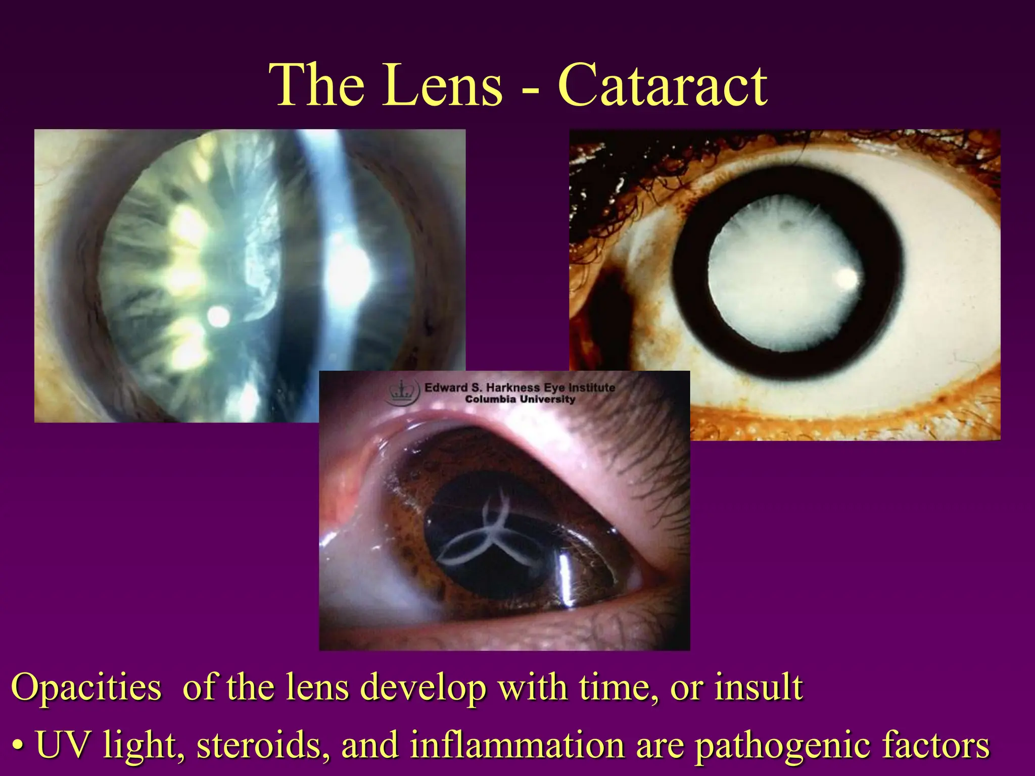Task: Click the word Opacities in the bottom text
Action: [86, 688]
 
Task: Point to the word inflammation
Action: [516, 745]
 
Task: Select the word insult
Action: [758, 688]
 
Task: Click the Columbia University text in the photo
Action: [520, 399]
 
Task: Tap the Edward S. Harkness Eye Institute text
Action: [520, 387]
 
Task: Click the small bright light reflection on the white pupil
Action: [846, 277]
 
